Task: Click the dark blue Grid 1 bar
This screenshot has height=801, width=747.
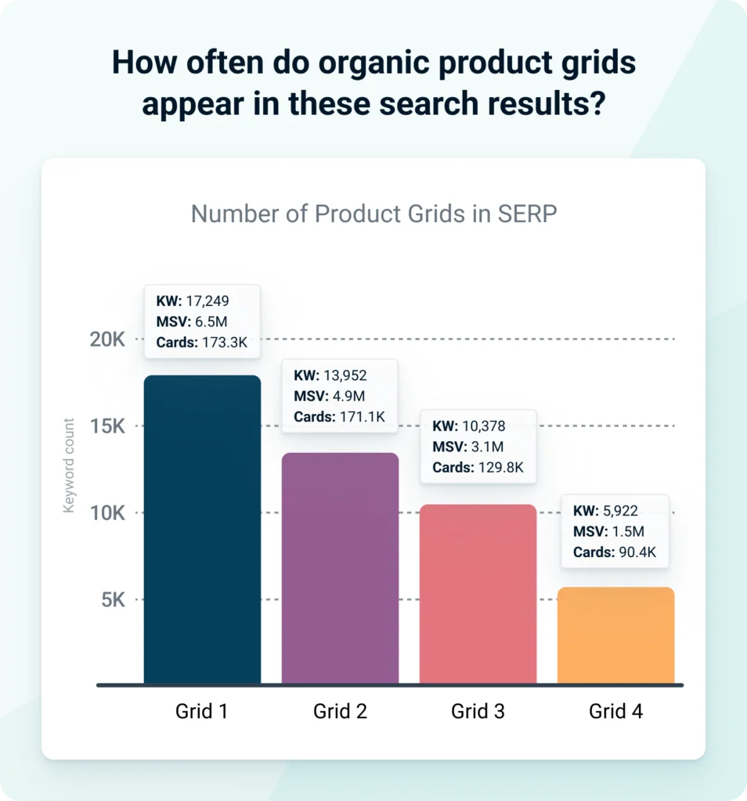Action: (202, 532)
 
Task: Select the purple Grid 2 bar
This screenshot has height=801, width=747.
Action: (340, 571)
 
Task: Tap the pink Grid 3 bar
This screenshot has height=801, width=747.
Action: (478, 594)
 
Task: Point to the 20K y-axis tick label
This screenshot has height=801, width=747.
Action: (107, 339)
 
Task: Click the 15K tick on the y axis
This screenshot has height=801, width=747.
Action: (107, 426)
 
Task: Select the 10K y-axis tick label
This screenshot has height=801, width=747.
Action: (107, 513)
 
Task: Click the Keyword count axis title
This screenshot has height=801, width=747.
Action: (69, 466)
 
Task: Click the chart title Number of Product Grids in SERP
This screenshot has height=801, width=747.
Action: (373, 214)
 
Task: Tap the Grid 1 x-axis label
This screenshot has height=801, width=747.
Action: (202, 712)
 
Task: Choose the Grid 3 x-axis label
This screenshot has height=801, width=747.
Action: (478, 712)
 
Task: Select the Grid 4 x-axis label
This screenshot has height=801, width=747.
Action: (615, 712)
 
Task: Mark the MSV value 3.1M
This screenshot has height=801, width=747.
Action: (488, 447)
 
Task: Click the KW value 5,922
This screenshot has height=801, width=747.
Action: (620, 512)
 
